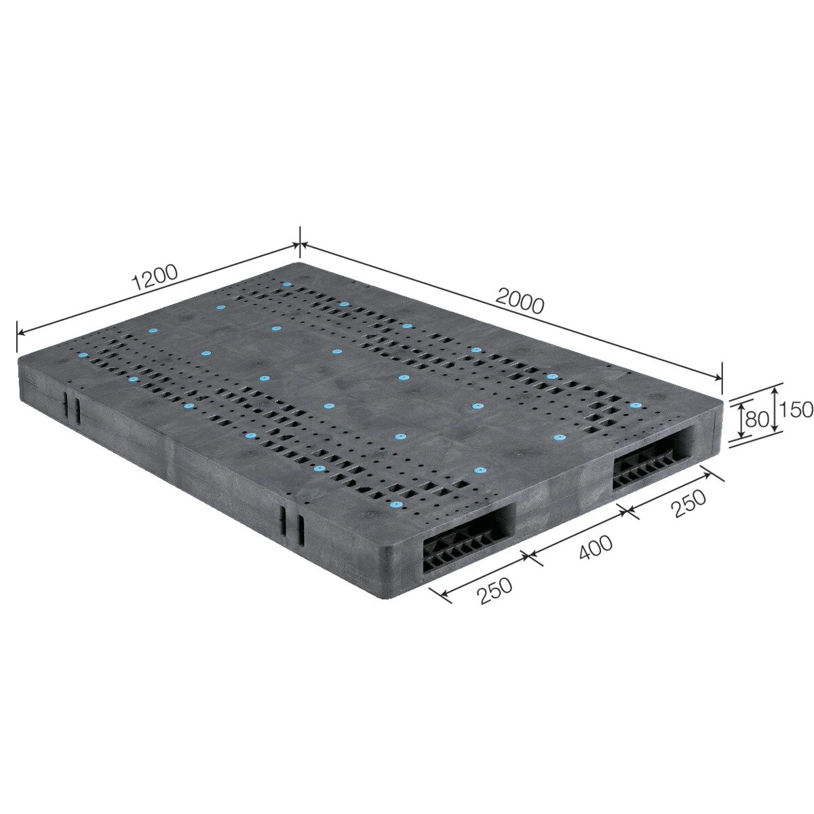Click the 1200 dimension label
pos(155,277)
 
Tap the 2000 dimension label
pos(519,301)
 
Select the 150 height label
pos(795,409)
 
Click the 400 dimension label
pos(596,547)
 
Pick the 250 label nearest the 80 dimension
pos(689,503)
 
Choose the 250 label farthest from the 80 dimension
pos(495,591)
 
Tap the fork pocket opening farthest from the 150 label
pos(469,537)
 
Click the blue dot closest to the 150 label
pos(634,406)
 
